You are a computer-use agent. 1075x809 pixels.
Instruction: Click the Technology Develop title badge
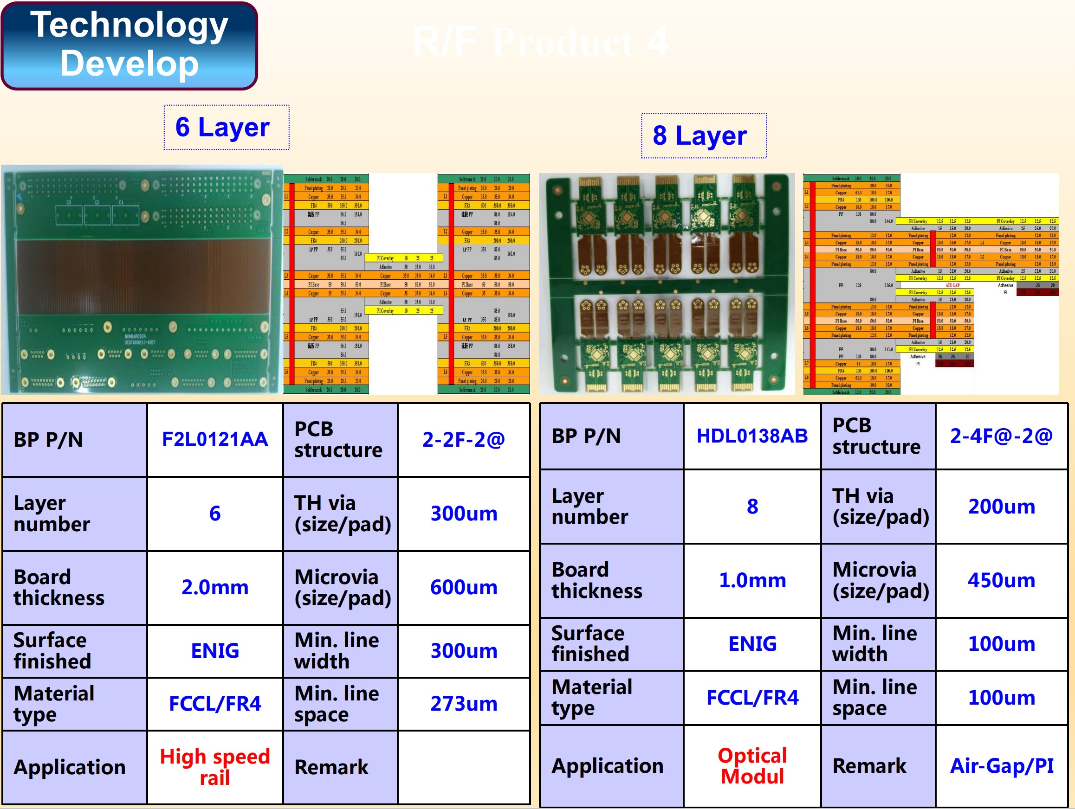130,45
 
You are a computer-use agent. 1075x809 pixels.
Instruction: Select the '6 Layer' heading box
227,127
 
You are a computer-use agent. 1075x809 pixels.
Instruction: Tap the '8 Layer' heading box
703,135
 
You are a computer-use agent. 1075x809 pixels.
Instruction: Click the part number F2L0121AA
215,439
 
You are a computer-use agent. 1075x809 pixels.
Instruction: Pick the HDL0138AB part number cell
752,436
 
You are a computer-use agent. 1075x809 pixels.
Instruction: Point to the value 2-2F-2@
464,439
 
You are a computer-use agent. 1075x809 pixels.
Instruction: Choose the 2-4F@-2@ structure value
1001,436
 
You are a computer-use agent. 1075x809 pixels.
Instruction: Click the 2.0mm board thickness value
215,588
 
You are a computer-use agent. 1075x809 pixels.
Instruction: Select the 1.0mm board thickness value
752,580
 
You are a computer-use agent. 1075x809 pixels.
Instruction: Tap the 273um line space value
464,704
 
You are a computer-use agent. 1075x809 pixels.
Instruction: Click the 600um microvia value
464,588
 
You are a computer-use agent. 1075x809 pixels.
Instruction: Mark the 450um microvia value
1001,580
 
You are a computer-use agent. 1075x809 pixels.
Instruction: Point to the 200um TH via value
1001,507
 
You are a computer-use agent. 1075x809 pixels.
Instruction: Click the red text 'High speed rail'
215,767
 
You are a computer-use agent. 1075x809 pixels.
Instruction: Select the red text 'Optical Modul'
752,766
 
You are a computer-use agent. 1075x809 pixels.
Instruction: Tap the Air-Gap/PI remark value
1001,766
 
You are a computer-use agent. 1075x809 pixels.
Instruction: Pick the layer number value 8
752,507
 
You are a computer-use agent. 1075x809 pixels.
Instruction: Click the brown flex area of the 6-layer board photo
143,277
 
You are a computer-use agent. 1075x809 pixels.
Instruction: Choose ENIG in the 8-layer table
752,644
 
